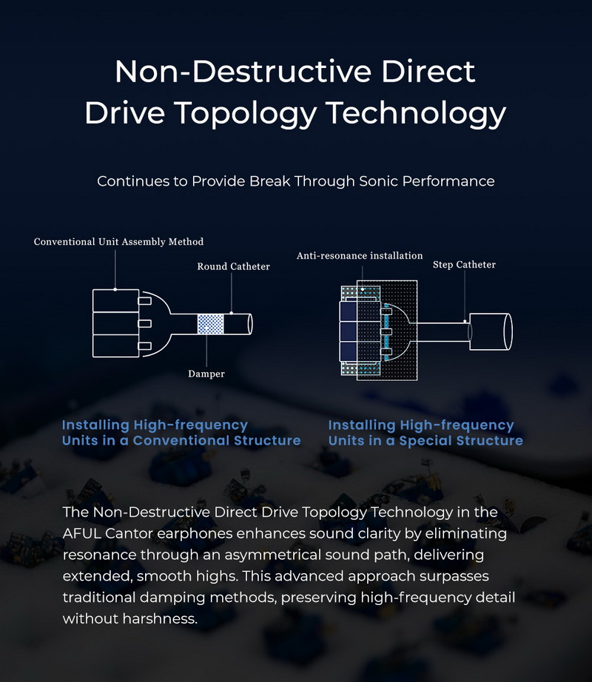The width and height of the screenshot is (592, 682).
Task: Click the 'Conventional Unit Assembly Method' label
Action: pos(118,242)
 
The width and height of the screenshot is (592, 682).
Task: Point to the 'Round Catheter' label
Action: pos(233,266)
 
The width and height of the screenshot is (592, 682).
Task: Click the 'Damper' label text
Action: pos(206,374)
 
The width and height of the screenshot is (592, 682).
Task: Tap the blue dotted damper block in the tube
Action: pos(211,324)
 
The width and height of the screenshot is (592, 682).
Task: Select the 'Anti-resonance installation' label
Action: pos(360,256)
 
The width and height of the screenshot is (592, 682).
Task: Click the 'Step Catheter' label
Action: pos(464,265)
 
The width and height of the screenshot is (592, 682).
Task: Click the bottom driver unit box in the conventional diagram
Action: pos(115,346)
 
